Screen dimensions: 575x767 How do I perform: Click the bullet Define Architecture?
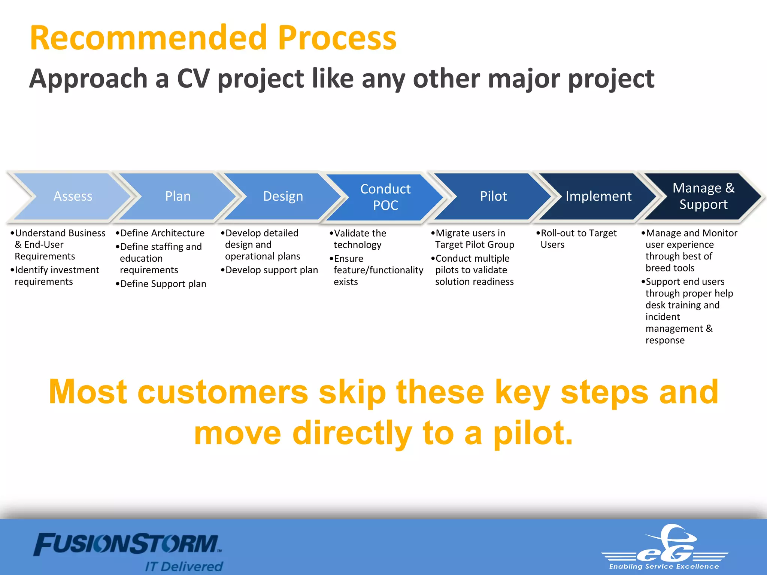click(162, 233)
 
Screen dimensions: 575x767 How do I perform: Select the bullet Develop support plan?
click(271, 270)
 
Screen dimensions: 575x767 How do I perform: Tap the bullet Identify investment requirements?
click(56, 276)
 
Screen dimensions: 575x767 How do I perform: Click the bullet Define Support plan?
click(163, 284)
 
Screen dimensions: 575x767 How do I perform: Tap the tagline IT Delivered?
click(184, 566)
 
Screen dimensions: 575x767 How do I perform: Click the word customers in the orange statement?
click(223, 392)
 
